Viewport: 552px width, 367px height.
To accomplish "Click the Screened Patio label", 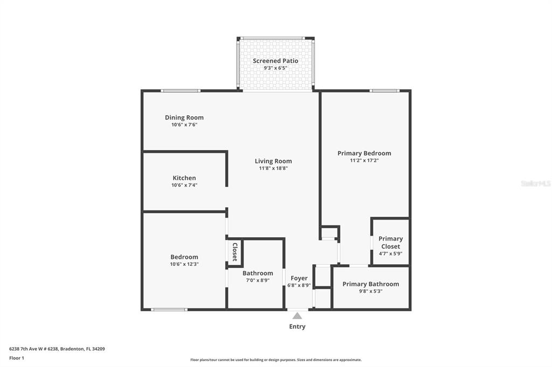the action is pyautogui.click(x=275, y=61).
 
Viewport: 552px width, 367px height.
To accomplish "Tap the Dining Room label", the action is pyautogui.click(x=184, y=117).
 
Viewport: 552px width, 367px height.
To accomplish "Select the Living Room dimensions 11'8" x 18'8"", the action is pyautogui.click(x=273, y=168).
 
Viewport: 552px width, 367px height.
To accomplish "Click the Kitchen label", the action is pyautogui.click(x=184, y=178).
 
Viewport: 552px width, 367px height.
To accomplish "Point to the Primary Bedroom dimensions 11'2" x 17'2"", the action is pyautogui.click(x=364, y=160).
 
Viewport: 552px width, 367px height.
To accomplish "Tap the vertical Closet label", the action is pyautogui.click(x=235, y=252).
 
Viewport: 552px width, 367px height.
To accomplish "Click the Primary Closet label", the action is pyautogui.click(x=390, y=243).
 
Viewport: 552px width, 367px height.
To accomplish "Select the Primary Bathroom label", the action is pyautogui.click(x=371, y=284).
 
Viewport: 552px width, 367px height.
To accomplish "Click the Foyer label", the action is pyautogui.click(x=299, y=278).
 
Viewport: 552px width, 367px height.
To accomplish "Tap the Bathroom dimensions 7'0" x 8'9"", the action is pyautogui.click(x=258, y=280).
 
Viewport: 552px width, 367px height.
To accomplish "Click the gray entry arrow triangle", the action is pyautogui.click(x=297, y=316).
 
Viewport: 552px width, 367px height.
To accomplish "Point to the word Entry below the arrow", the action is pyautogui.click(x=297, y=327).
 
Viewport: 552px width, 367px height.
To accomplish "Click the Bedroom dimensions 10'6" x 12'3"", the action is pyautogui.click(x=184, y=264).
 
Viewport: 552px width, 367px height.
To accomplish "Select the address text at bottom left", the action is pyautogui.click(x=57, y=349).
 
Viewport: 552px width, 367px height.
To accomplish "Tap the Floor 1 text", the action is pyautogui.click(x=17, y=358).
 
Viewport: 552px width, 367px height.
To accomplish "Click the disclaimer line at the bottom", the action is pyautogui.click(x=276, y=360).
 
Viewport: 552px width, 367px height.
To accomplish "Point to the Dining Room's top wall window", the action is pyautogui.click(x=181, y=91).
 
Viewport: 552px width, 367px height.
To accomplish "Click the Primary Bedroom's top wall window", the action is pyautogui.click(x=384, y=91).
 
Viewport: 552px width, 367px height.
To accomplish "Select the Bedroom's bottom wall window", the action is pyautogui.click(x=169, y=310).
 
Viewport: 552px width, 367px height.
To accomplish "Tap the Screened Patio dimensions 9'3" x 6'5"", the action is pyautogui.click(x=275, y=68).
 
